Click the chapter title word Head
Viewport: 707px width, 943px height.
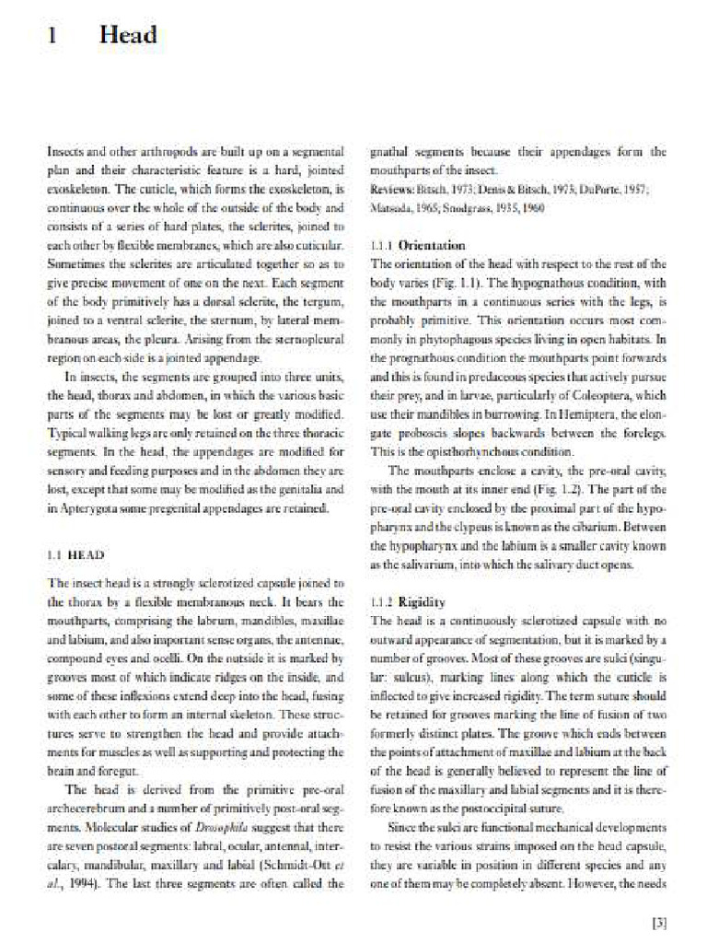point(128,36)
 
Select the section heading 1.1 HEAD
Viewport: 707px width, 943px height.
point(75,555)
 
